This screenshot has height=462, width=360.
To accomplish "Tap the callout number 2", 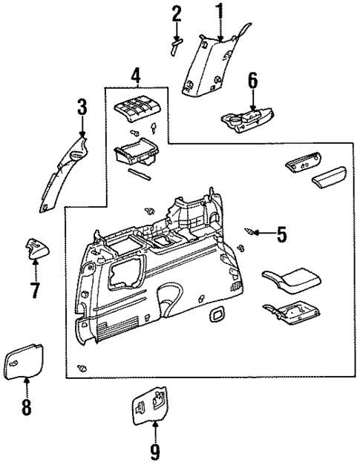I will click(x=176, y=13).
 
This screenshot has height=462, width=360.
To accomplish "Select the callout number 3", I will click(x=82, y=109).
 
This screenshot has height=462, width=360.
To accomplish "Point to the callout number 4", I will click(x=135, y=75).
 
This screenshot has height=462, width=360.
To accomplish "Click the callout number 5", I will click(x=281, y=235).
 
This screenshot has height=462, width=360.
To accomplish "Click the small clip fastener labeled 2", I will click(x=177, y=46).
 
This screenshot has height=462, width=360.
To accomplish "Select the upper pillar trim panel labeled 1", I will click(x=208, y=67).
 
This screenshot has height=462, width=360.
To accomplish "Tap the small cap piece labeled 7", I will click(x=36, y=248).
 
